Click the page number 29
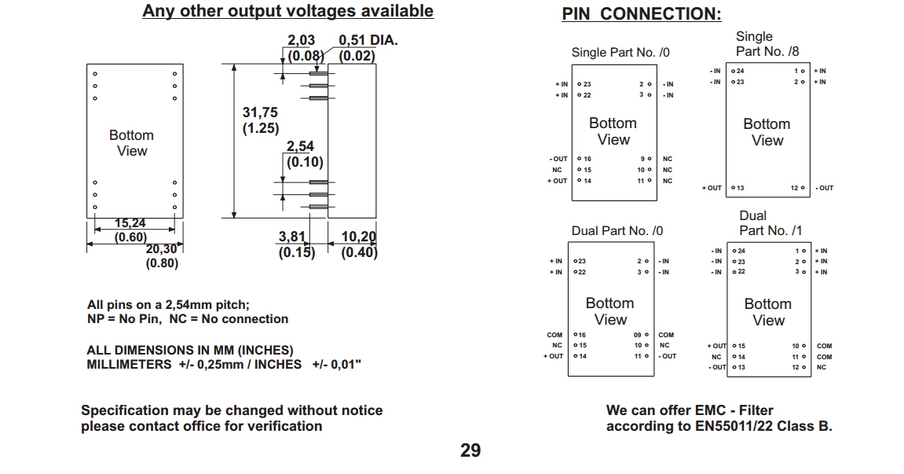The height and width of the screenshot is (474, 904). (470, 450)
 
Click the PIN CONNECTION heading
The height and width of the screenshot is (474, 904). (642, 14)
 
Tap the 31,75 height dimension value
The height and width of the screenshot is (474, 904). (260, 113)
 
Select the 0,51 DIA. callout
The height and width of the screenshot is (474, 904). (368, 41)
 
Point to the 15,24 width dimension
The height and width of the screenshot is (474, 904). (130, 223)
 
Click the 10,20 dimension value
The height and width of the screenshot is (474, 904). (359, 237)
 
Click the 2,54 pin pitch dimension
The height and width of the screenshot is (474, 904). (300, 147)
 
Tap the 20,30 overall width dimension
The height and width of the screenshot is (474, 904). (162, 249)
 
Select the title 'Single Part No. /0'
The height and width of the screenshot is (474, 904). (620, 53)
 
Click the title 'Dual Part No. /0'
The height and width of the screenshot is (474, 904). (617, 230)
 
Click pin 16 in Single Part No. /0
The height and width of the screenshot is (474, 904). (585, 159)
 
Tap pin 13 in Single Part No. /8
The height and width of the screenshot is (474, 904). (738, 188)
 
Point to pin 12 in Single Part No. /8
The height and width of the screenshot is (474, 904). (797, 188)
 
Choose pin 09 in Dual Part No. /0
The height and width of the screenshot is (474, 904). (641, 335)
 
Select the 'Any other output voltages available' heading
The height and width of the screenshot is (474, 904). (287, 11)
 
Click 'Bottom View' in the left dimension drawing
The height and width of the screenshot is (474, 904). (131, 143)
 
